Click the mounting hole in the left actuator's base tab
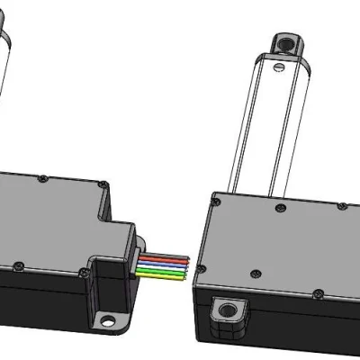108,319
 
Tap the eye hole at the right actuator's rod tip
287,42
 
